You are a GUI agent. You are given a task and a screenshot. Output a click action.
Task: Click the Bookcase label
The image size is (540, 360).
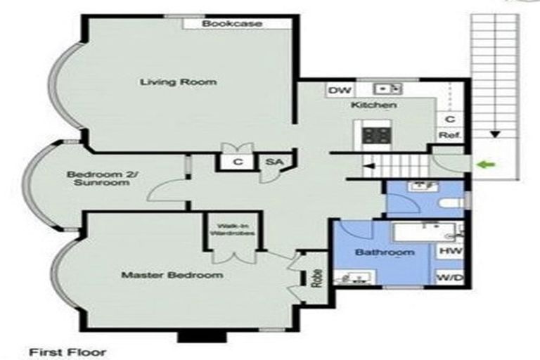(232, 24)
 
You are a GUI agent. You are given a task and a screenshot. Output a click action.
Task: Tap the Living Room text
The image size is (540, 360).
(178, 82)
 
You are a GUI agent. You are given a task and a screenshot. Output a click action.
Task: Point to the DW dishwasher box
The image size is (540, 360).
(340, 90)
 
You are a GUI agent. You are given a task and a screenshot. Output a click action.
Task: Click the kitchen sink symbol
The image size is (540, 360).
(387, 89)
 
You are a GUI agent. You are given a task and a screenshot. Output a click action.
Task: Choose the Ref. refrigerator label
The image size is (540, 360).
(449, 135)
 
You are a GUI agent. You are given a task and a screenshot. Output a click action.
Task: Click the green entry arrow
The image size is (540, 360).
(486, 165)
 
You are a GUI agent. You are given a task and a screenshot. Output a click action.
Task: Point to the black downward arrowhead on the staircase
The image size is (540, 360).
(496, 133)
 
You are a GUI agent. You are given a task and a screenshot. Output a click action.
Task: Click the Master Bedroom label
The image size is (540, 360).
(172, 275)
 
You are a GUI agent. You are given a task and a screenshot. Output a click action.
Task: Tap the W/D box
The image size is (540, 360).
(450, 278)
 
